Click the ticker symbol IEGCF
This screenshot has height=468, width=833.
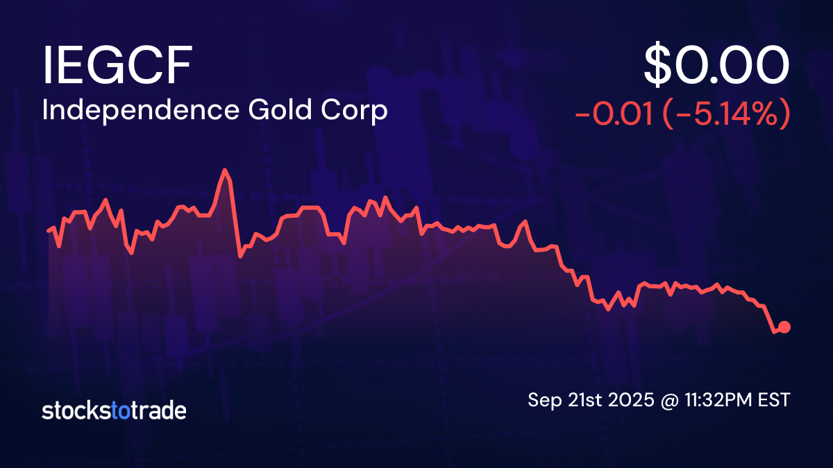[x=117, y=67]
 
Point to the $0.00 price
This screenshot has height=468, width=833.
[x=716, y=67]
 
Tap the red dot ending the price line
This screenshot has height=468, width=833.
[x=785, y=327]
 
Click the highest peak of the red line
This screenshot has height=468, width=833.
[x=224, y=170]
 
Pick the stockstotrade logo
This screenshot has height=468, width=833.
[x=114, y=410]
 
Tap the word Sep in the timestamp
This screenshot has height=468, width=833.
[x=543, y=400]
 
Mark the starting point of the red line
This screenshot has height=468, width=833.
[x=48, y=230]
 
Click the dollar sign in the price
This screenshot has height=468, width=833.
[x=658, y=67]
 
